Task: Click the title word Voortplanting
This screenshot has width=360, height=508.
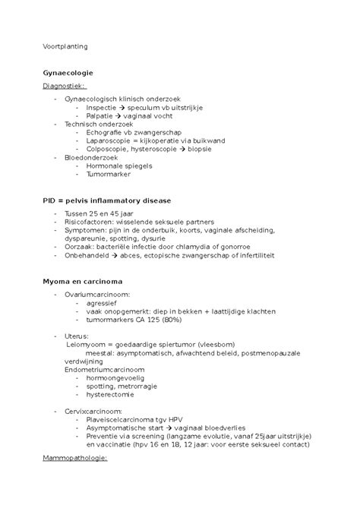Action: [65, 46]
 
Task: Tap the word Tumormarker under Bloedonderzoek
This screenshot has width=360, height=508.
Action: [109, 174]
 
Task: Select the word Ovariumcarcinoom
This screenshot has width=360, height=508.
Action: [97, 294]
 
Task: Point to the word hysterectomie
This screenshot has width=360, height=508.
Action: [110, 394]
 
